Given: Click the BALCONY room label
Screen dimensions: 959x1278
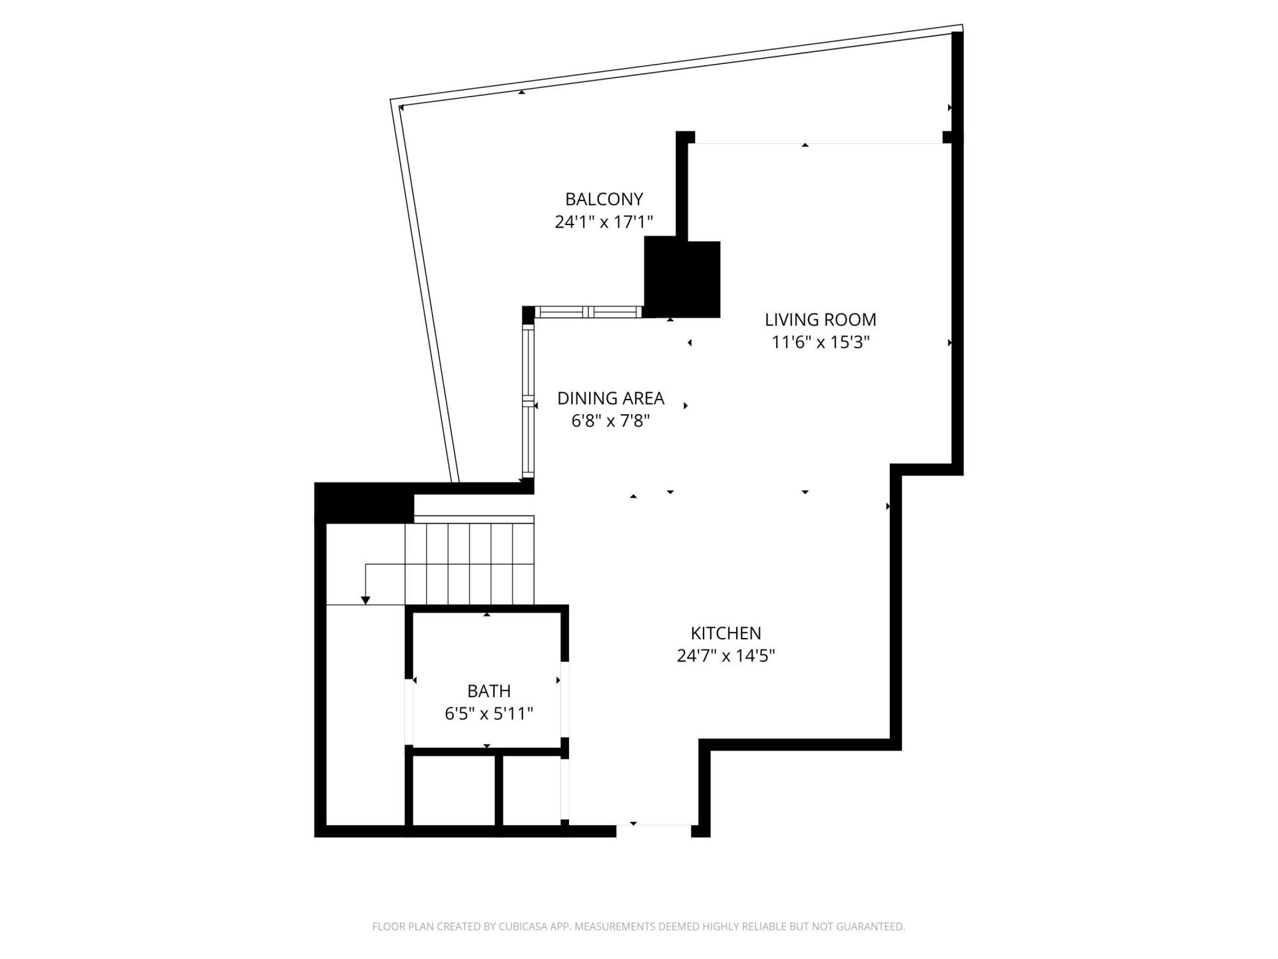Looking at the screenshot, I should click(604, 199).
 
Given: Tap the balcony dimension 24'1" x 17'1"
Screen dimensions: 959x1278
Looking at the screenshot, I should click(604, 222).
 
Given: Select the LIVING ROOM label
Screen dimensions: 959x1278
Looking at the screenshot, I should click(820, 320).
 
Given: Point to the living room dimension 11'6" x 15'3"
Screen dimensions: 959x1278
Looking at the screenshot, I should click(820, 342).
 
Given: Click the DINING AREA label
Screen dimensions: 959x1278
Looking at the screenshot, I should click(610, 398).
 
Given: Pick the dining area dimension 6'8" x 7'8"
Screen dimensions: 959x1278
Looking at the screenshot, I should click(610, 421).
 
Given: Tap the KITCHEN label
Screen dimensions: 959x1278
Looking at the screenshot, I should click(726, 633).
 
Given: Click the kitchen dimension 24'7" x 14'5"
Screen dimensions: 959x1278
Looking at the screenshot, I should click(726, 656).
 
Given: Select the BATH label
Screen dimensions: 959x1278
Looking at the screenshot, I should click(489, 691).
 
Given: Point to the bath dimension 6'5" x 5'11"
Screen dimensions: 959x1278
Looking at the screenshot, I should click(489, 714).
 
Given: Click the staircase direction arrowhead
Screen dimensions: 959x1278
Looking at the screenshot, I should click(365, 601).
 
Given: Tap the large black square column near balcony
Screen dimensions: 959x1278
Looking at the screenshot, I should click(682, 279).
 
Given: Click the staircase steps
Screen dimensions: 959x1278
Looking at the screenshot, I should click(469, 563).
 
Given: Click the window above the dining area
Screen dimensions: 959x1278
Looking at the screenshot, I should click(588, 312).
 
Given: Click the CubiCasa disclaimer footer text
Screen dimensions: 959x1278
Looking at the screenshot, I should click(638, 926).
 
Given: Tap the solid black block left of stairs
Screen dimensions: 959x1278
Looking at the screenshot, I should click(363, 503).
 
